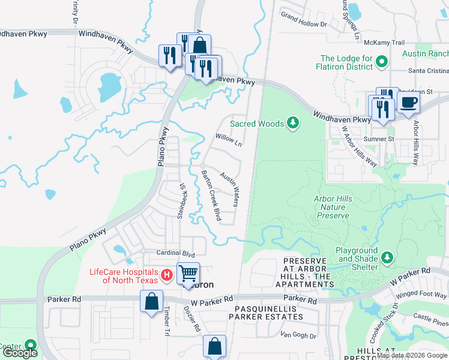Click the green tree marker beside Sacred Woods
click(x=292, y=124)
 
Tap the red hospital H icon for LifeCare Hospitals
click(x=167, y=276)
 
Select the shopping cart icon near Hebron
click(x=188, y=274)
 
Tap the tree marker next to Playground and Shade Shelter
click(x=388, y=257)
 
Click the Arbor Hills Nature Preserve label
click(x=331, y=207)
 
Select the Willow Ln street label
click(x=229, y=140)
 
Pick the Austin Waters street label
click(x=230, y=189)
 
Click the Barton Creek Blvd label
click(x=211, y=196)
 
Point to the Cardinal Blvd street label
click(x=176, y=253)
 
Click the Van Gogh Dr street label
click(x=290, y=334)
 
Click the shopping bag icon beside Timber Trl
click(x=152, y=301)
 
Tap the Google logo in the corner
click(x=20, y=353)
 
